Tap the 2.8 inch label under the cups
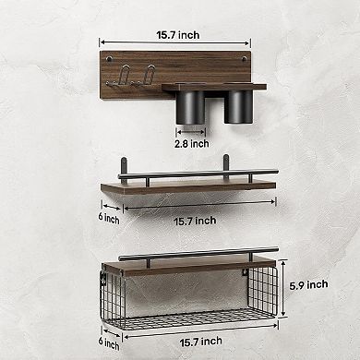pos(192,143)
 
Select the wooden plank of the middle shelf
pos(185,187)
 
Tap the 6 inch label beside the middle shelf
pos(111,218)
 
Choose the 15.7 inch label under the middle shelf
pos(194,220)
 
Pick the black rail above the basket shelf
pos(198,251)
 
